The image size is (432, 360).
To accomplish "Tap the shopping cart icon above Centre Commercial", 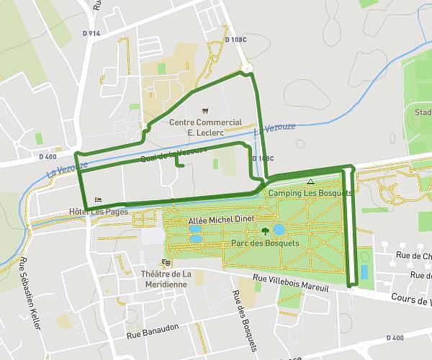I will (x=207, y=111).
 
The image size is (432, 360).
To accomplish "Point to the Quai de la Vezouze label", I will (x=174, y=153).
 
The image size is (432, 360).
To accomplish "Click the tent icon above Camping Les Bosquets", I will (x=310, y=182).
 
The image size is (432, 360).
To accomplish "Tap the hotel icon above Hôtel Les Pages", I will (x=98, y=199).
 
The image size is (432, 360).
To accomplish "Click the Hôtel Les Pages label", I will (x=98, y=212).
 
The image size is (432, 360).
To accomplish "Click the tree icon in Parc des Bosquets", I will (x=266, y=231).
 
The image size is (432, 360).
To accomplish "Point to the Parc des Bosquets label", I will (x=265, y=243).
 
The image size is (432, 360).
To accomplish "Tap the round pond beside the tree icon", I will (x=279, y=230).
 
